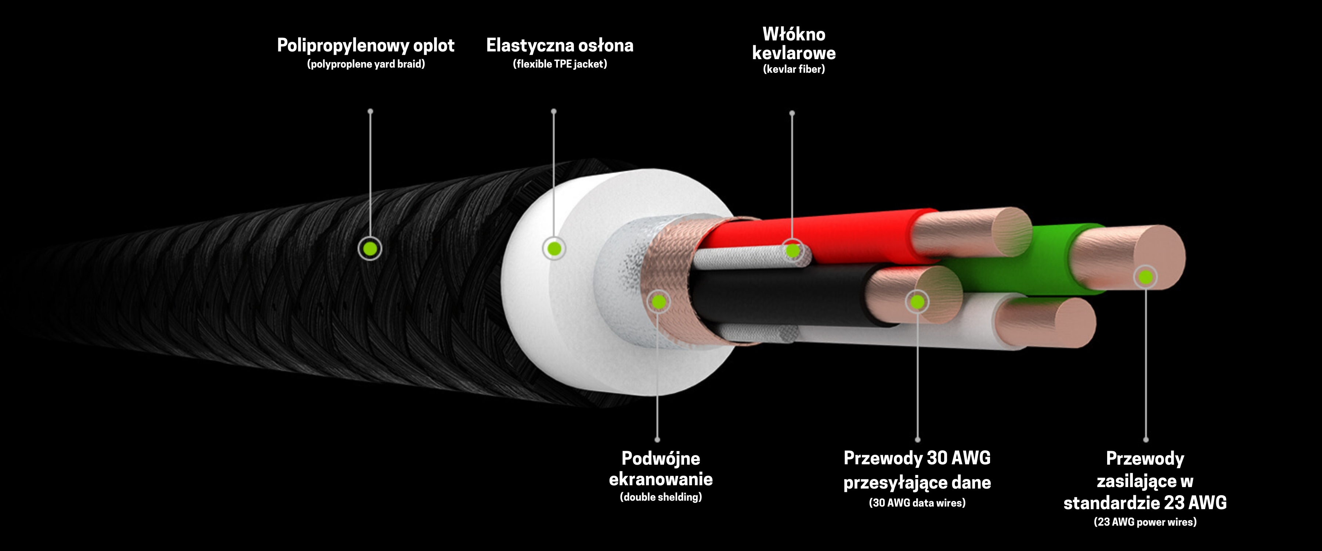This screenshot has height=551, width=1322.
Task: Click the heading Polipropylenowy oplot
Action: (x=365, y=45)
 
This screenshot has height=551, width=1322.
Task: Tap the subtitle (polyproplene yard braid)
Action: (x=366, y=64)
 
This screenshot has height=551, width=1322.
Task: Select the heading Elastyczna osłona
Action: (x=559, y=45)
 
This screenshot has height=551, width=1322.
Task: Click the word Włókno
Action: (x=794, y=35)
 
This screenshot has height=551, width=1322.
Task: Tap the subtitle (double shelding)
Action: (x=661, y=497)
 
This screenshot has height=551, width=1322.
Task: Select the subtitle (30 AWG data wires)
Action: (x=917, y=503)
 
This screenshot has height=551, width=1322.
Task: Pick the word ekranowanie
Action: (x=661, y=479)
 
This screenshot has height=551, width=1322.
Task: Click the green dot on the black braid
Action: (x=370, y=249)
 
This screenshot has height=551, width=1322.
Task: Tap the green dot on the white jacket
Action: (x=554, y=249)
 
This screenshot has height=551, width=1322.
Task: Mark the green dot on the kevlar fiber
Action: (x=792, y=251)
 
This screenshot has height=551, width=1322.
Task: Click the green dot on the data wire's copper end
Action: (x=917, y=302)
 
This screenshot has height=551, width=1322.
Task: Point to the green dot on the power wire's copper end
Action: (x=1145, y=277)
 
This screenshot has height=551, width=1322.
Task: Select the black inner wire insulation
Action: (x=770, y=295)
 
